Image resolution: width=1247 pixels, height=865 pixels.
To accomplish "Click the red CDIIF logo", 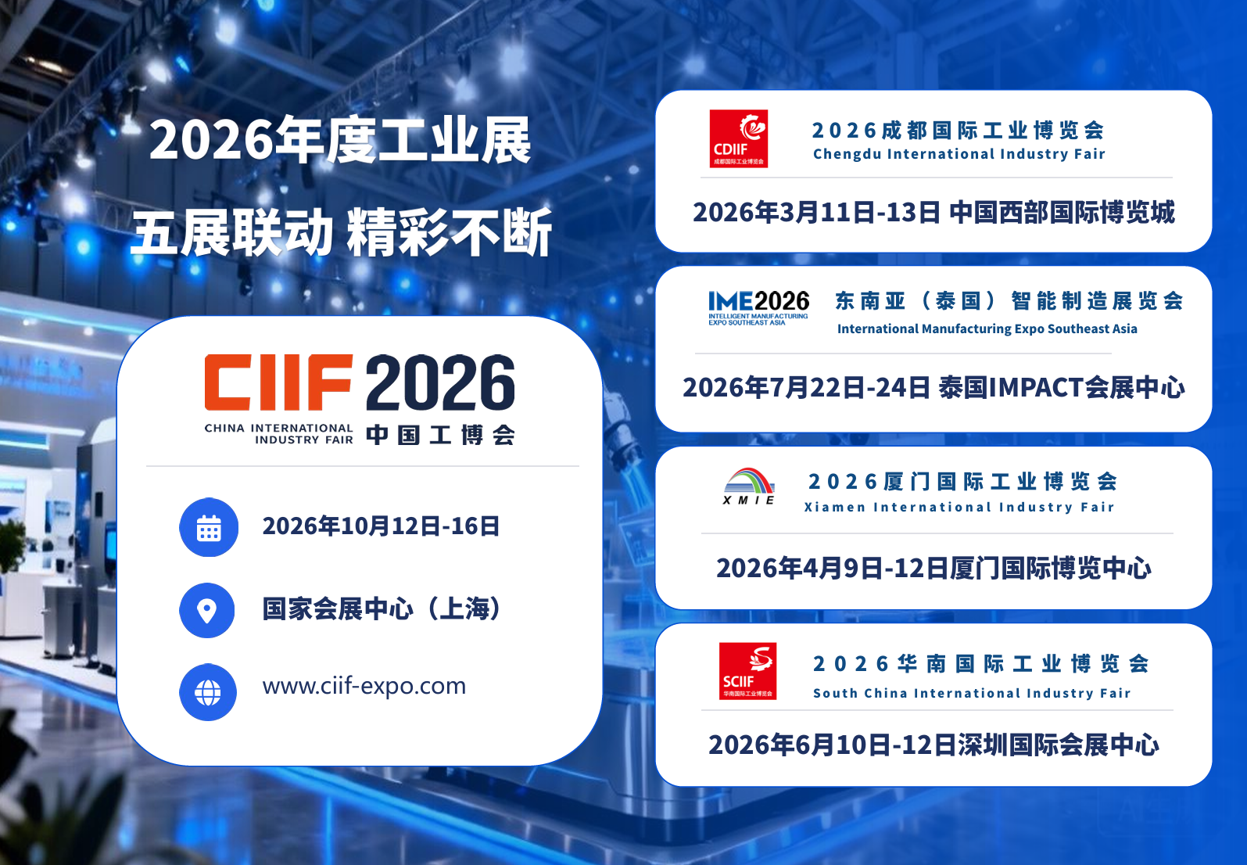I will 738,138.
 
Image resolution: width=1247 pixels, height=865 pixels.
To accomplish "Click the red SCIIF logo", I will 747,671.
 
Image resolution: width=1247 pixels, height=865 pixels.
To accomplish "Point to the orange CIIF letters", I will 278,382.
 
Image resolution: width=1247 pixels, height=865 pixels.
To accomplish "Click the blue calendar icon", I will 209,528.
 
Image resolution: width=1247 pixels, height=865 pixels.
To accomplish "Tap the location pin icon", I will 207,611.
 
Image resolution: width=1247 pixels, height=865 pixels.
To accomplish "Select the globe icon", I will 208,692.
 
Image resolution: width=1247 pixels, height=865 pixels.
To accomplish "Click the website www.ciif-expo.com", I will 364,686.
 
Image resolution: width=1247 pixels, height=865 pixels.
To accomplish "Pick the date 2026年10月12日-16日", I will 381,526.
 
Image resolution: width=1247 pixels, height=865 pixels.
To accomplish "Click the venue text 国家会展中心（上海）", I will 382,608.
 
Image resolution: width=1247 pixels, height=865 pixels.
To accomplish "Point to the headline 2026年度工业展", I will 340,141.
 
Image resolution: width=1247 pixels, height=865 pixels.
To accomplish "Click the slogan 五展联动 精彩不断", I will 342,233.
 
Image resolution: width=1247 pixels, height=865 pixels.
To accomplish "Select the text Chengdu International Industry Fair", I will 959,154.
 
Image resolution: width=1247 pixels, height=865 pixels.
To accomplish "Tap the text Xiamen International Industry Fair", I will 959,508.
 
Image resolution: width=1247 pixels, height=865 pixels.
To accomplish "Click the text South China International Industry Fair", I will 972,694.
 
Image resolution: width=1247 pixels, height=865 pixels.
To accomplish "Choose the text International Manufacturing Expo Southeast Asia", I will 987,329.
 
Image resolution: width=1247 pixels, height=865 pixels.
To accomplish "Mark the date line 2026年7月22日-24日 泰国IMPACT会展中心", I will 933,388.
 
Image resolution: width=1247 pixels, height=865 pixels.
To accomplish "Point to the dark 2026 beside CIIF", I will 440,383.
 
